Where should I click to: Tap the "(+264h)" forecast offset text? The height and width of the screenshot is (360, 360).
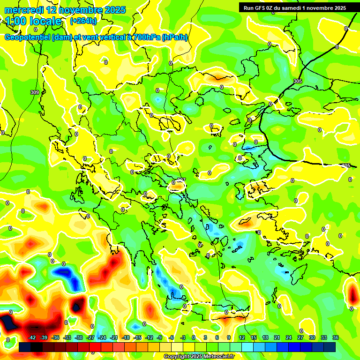coord(83,21)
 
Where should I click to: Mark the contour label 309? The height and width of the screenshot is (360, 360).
coord(34,92)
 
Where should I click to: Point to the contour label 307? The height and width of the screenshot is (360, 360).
coord(181,180)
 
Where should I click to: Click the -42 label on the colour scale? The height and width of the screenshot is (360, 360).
coord(32,337)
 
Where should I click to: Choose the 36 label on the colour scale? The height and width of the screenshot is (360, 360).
coord(335,337)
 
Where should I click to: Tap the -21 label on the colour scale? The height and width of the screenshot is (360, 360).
coord(114,337)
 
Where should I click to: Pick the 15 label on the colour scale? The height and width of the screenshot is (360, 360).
coord(253,337)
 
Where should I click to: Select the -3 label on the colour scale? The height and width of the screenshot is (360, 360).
coord(183,337)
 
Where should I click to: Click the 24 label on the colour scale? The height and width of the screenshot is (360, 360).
coord(288,337)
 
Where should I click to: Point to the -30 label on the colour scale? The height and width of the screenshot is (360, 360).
coord(79,337)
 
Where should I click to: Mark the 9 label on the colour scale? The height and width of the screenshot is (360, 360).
coord(229,337)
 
